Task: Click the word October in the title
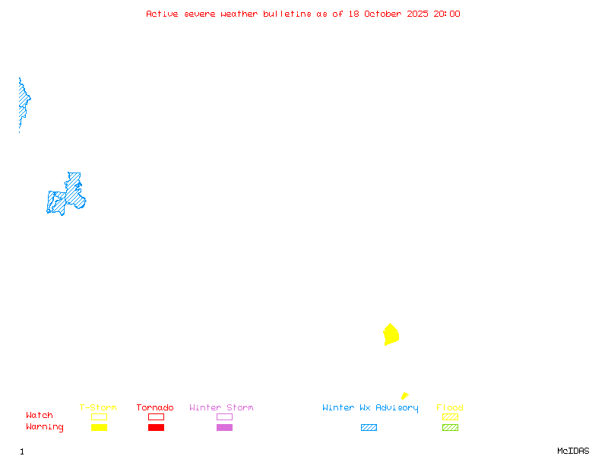click(x=383, y=14)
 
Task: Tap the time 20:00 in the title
click(x=447, y=14)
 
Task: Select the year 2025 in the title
click(x=417, y=14)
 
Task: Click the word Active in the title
click(x=162, y=14)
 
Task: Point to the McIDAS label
click(x=573, y=451)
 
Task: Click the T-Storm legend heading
click(x=98, y=407)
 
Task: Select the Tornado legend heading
click(x=155, y=407)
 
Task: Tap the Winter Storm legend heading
click(x=221, y=407)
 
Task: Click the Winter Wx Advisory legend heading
click(x=370, y=408)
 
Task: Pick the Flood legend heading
click(x=450, y=407)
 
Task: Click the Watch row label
click(x=40, y=415)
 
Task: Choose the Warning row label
click(x=45, y=427)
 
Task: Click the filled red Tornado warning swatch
click(x=157, y=427)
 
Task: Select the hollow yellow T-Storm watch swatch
click(x=100, y=416)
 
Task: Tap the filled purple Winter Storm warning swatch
click(x=224, y=427)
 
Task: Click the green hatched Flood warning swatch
click(x=450, y=427)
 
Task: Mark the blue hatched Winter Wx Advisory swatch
click(x=369, y=427)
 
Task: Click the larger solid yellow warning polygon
click(x=391, y=334)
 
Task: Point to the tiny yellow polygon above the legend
click(x=405, y=396)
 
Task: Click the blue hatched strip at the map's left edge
click(x=24, y=103)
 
